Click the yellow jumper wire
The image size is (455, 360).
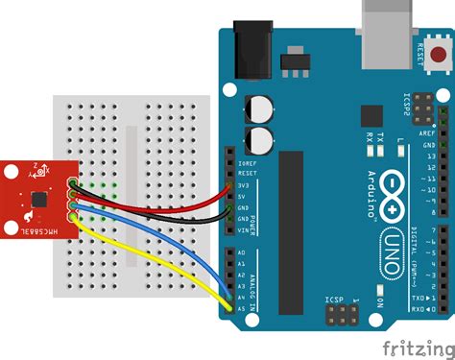pos(144,253)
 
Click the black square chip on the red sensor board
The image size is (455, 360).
pos(38,198)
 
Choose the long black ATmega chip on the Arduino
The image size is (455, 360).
pos(292,230)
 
